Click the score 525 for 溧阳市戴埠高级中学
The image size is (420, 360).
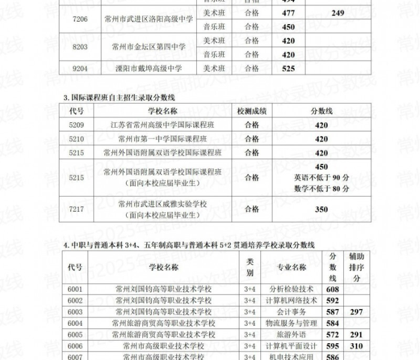tap(288, 68)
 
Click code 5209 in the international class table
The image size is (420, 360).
tap(76, 125)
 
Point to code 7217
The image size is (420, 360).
tap(76, 209)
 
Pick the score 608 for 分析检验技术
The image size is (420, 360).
tap(332, 289)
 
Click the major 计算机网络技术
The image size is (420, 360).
tap(291, 300)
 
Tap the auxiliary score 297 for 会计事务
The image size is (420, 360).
tap(356, 311)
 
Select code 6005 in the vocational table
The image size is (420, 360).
tap(76, 334)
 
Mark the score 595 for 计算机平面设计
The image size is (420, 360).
tap(332, 346)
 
